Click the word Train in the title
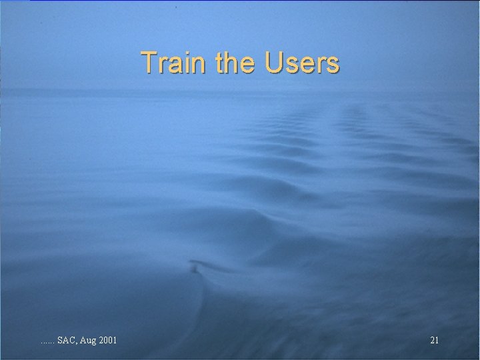175,63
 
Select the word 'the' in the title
236,63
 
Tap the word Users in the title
302,63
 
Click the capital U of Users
274,63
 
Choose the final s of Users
333,65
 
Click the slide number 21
434,341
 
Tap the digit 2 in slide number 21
432,341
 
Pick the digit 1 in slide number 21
437,341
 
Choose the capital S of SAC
60,341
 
